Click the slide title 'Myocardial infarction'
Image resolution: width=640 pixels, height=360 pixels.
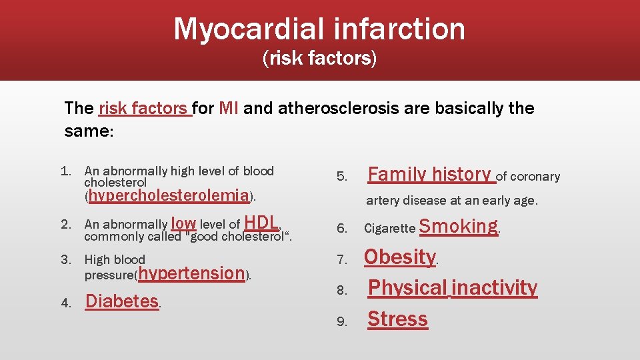coord(319,29)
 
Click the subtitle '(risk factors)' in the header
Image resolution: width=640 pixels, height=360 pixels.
coord(319,59)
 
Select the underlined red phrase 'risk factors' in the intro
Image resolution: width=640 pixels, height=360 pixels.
coord(144,108)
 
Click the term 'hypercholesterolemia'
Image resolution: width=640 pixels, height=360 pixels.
coord(169,196)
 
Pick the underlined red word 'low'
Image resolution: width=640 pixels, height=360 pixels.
coord(183,223)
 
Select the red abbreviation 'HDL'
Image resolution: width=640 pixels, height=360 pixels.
coord(261,223)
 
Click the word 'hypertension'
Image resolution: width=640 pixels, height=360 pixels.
coord(191,273)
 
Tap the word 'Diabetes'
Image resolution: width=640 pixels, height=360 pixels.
coord(122,301)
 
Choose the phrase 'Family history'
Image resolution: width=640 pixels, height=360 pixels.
coord(430,175)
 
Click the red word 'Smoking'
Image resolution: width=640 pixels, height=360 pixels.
coord(459,227)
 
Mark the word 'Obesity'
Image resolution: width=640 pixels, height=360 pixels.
coord(399,257)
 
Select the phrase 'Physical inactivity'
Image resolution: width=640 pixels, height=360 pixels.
coord(453,288)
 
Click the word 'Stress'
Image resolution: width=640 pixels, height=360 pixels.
coord(398,319)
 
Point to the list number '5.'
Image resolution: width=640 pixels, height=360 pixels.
coord(342,177)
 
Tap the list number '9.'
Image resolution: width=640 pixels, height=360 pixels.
coord(342,321)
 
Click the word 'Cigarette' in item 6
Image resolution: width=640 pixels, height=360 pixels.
coord(389,229)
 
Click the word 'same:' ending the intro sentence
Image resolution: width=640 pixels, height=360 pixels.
coord(89,131)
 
